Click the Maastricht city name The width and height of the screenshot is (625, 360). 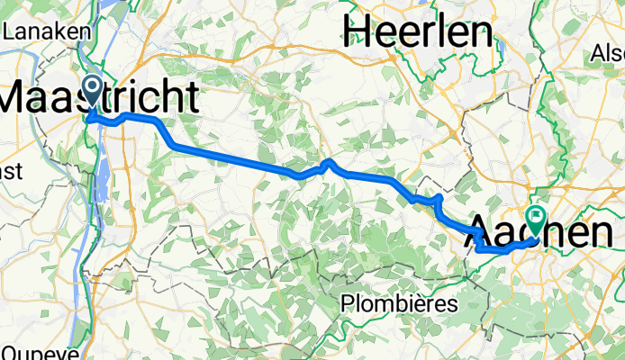tap(99, 97)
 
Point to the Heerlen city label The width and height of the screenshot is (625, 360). tap(421, 32)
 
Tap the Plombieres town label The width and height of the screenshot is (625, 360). tap(401, 304)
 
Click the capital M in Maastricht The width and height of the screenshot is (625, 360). tap(20, 97)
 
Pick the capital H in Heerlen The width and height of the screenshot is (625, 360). tap(357, 32)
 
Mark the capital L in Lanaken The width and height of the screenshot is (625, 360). tap(9, 31)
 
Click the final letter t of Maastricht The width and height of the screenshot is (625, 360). tap(191, 97)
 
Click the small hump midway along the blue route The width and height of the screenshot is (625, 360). tap(329, 163)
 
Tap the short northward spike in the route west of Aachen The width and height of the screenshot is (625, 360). tap(438, 197)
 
